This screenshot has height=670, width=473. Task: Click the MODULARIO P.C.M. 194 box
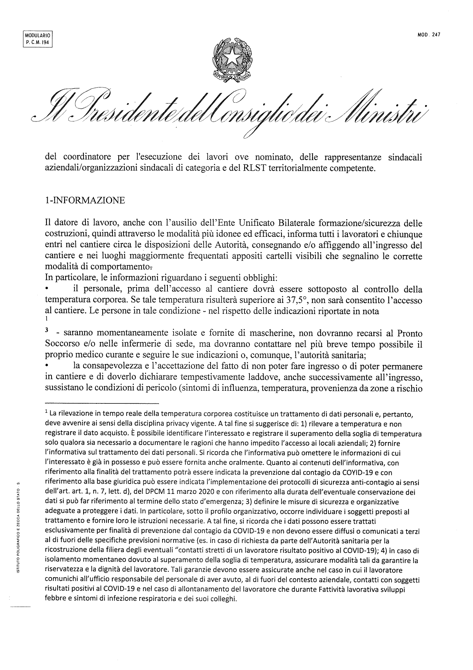tap(37, 39)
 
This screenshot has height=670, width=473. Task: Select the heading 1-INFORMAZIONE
tap(85, 200)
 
